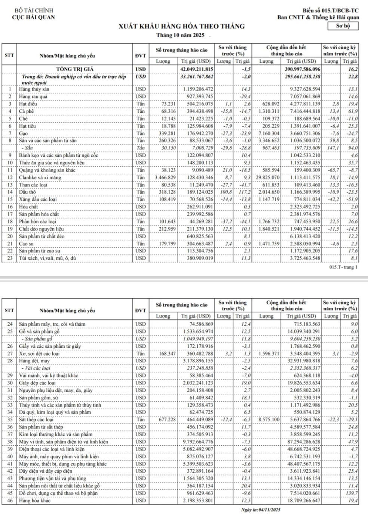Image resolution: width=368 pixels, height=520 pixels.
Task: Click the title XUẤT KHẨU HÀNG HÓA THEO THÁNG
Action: point(182,26)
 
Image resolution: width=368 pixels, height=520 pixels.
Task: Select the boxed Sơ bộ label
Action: point(342,26)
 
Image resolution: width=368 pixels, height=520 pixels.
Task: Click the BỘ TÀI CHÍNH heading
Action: point(34,10)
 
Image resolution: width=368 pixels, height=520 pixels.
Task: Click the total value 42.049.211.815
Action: point(197,69)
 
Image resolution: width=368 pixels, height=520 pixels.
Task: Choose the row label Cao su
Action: point(27,244)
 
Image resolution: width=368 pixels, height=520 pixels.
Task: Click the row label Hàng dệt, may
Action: point(34,361)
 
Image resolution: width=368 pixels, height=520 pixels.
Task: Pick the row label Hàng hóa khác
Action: point(34,500)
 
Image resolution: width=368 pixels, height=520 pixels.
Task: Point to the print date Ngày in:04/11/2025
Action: point(261,510)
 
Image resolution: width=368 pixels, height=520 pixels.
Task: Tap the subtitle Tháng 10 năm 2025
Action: point(181,35)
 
